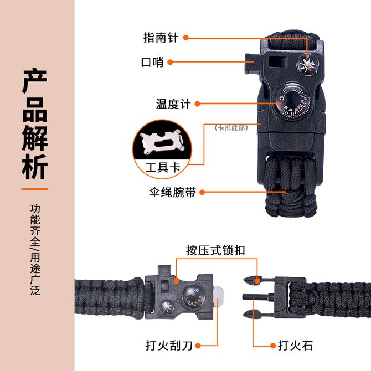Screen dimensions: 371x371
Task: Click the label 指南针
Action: click(161, 38)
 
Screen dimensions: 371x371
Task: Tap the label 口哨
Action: click(152, 63)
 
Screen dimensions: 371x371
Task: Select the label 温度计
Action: click(173, 104)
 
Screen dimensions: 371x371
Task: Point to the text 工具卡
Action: click(163, 168)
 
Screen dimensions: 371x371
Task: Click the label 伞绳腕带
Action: click(172, 192)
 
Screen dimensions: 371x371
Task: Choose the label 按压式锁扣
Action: click(215, 250)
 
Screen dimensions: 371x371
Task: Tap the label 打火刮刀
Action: click(169, 346)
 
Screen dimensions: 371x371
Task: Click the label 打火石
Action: click(295, 346)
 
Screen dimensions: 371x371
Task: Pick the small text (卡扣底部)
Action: click(231, 128)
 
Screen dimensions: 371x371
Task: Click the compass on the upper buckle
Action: click(307, 64)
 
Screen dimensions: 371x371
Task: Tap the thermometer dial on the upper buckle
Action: click(291, 101)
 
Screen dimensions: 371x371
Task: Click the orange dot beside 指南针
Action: click(186, 38)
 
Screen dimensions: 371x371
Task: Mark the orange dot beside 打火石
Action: click(273, 346)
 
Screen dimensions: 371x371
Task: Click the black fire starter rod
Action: click(259, 296)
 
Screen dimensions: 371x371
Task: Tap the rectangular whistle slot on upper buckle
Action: click(278, 62)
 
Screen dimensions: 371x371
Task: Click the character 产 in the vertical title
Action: click(35, 80)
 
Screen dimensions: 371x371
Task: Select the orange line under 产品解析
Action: click(35, 189)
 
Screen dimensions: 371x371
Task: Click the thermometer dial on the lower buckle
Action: click(193, 296)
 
